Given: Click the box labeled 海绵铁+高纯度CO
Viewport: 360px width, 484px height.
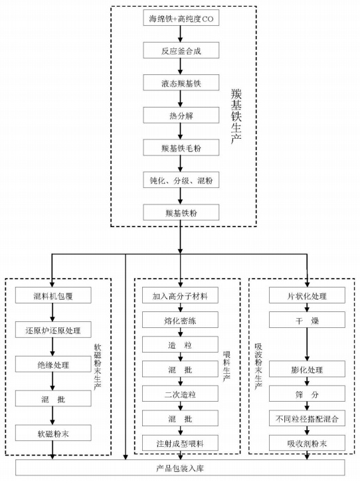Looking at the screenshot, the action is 181,18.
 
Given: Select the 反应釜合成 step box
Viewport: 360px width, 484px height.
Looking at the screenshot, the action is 181,50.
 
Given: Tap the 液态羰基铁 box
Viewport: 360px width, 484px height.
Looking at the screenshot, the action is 181,83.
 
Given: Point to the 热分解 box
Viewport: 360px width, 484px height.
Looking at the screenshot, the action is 181,115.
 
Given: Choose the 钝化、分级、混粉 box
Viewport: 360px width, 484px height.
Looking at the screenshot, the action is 181,180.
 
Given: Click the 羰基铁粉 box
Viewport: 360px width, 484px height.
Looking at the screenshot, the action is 181,212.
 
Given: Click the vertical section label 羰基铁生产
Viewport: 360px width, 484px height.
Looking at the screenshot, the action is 236,116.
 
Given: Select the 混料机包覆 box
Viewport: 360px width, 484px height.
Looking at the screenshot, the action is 53,295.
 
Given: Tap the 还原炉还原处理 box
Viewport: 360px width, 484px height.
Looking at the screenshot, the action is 53,330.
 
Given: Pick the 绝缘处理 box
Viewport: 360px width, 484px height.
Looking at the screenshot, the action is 53,364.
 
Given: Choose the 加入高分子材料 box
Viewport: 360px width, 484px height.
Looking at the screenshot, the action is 180,295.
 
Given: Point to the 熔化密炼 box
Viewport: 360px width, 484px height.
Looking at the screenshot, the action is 180,320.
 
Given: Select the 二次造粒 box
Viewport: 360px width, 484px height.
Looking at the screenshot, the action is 180,394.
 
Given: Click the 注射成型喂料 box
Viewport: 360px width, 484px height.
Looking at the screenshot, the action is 180,444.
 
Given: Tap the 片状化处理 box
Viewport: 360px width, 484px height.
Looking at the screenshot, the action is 307,295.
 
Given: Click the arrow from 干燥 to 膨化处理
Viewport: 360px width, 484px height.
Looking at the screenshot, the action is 307,345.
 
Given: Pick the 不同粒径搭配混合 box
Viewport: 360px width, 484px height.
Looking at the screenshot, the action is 307,418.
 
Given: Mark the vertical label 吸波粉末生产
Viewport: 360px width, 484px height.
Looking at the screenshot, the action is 258,366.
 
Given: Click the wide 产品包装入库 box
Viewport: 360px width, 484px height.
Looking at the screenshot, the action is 180,467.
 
